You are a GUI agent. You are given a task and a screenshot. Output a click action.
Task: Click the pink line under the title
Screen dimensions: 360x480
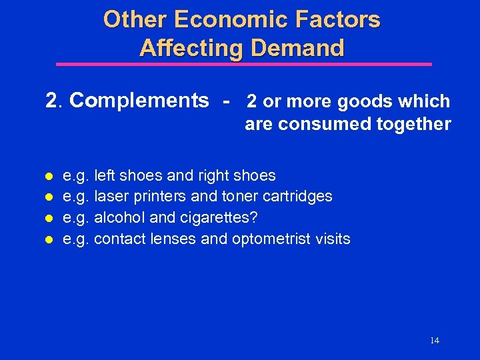243,65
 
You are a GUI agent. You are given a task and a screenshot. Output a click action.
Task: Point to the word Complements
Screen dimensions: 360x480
139,101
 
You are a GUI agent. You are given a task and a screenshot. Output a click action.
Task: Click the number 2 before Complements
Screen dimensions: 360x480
51,101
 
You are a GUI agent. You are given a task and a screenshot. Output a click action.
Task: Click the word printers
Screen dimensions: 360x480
163,197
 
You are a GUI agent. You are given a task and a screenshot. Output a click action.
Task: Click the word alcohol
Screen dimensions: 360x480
117,218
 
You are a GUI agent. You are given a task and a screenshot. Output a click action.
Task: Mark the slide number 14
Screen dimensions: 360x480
435,340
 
